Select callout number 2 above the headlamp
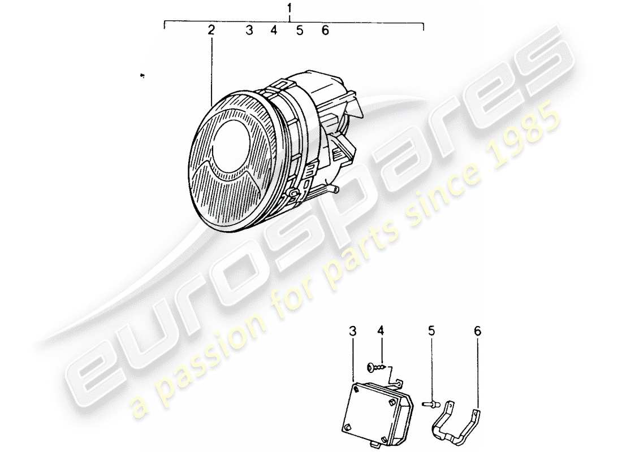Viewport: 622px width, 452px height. pos(211,30)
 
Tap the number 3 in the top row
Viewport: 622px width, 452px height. pos(249,30)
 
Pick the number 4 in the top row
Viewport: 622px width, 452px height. pos(274,30)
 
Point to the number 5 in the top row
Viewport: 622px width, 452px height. pos(300,30)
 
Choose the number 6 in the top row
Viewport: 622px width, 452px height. pos(325,30)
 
